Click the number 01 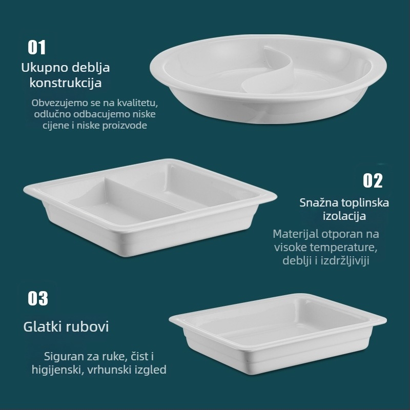pyautogui.click(x=37, y=48)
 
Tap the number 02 pyautogui.click(x=373, y=180)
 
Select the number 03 pyautogui.click(x=37, y=298)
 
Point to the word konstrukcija pyautogui.click(x=66, y=83)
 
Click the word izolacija pyautogui.click(x=344, y=216)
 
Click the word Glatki pyautogui.click(x=43, y=327)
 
